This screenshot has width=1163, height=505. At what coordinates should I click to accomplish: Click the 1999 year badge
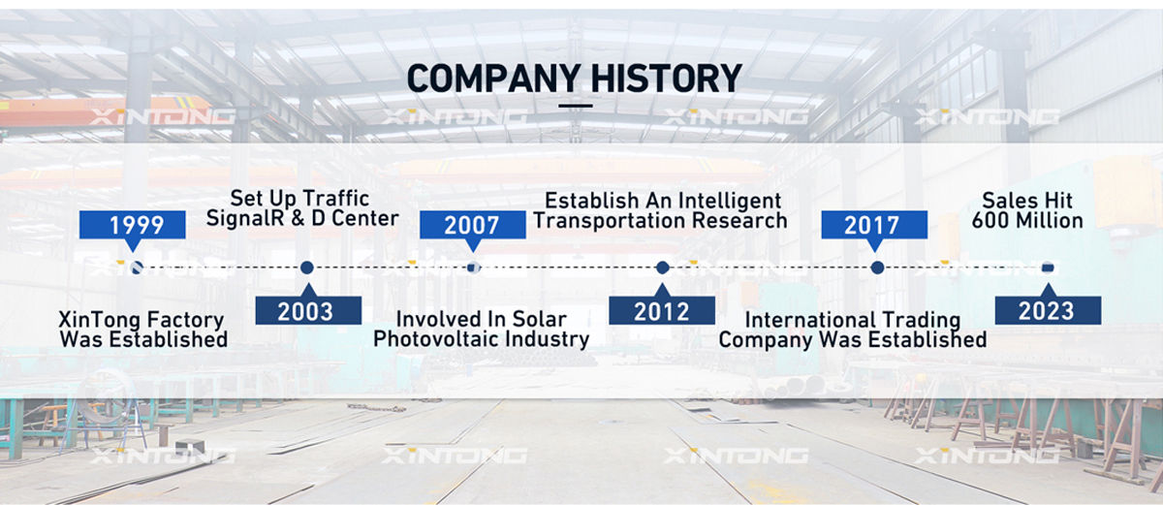point(133,225)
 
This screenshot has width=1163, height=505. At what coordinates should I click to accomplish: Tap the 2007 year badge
point(473,225)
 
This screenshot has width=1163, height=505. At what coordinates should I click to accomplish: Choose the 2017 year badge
point(874,225)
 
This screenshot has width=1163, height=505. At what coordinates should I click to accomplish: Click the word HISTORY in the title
point(667,79)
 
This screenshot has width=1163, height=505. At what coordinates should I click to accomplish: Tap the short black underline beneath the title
point(576,106)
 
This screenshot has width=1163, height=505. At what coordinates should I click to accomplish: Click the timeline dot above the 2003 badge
point(307,268)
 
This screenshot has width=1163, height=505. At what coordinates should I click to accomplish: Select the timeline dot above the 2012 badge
point(663,268)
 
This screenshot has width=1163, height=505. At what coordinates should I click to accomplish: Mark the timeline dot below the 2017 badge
point(877,268)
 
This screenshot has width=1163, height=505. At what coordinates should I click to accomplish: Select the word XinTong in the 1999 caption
point(95,320)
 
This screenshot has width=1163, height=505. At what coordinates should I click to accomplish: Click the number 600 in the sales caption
point(991,221)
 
